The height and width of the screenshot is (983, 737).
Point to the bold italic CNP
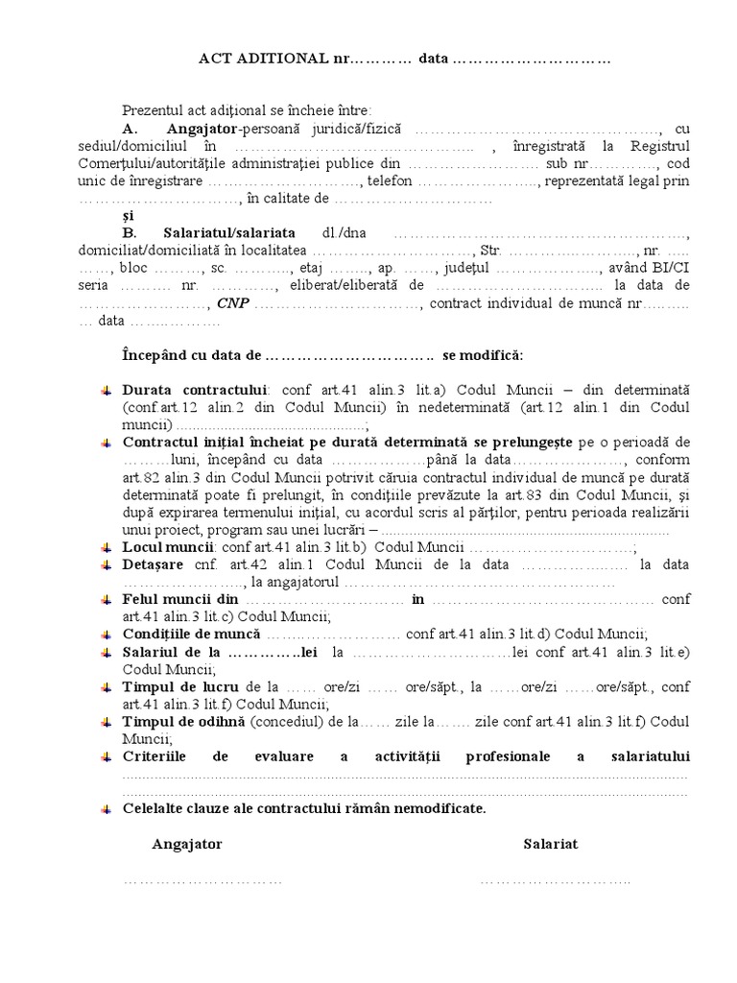(x=231, y=303)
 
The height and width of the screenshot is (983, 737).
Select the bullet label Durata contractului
(x=194, y=391)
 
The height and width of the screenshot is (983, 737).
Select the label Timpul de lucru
(x=182, y=686)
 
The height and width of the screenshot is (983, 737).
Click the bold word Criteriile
(x=155, y=756)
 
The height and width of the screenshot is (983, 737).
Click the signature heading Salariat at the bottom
(x=550, y=844)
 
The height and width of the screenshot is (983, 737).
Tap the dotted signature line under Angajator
(x=202, y=879)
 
